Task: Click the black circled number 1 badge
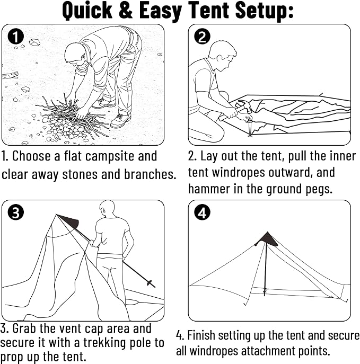pos(15,37)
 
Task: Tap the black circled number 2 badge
pos(203,37)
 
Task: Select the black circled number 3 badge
pos(15,212)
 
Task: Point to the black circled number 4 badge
pos(203,212)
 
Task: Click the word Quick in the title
pos(87,11)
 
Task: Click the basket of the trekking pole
pos(150,283)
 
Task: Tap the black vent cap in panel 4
pos(267,239)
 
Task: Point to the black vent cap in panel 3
pos(69,221)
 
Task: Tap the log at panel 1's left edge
pos(10,75)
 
